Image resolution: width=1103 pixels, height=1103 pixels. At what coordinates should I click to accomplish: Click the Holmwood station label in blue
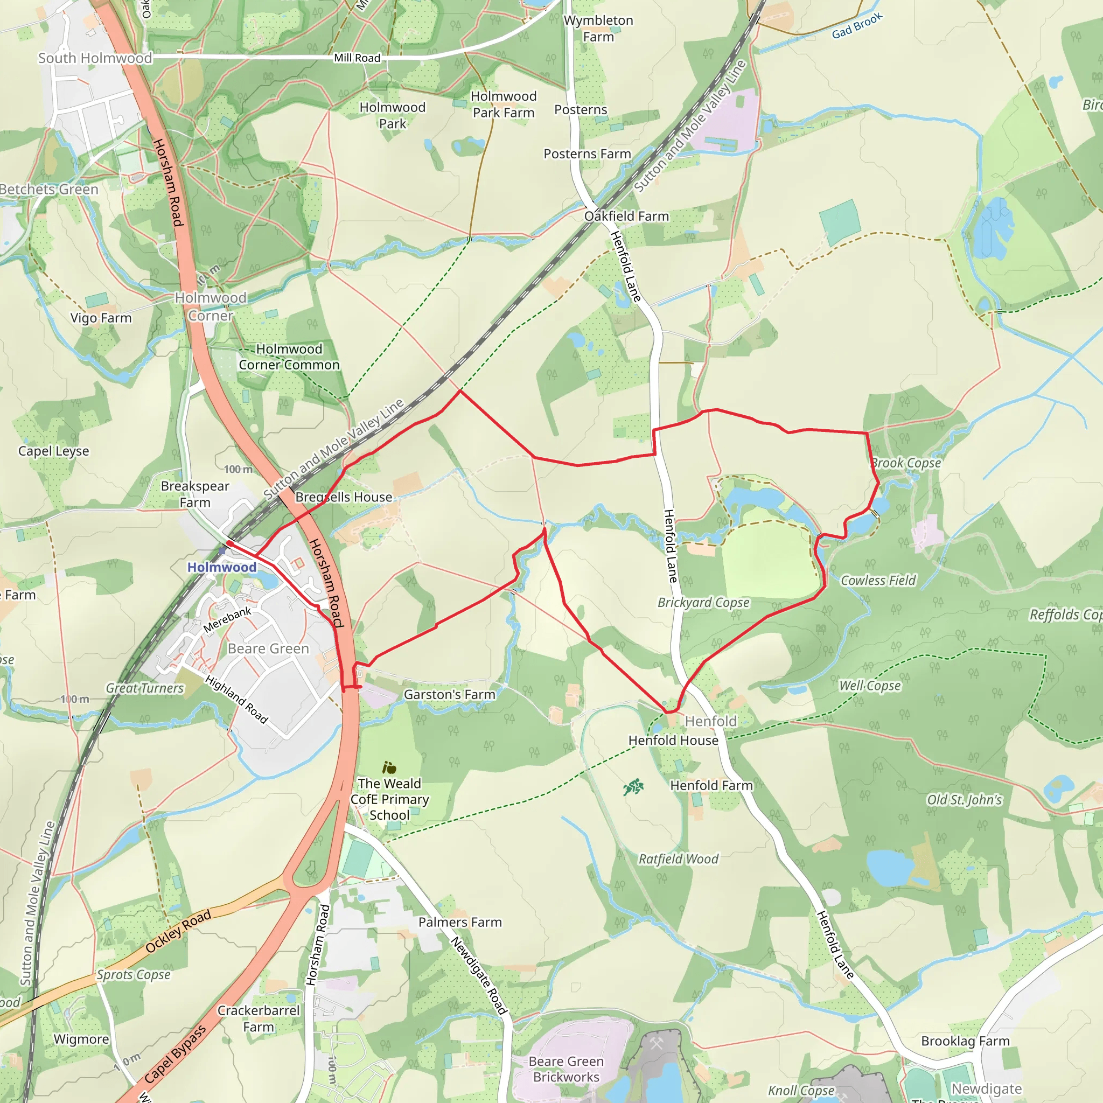221,567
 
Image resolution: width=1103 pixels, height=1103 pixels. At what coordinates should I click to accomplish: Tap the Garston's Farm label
449,695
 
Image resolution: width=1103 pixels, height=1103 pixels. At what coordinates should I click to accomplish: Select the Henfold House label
673,741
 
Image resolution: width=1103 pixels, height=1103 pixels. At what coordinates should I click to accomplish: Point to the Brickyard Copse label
703,603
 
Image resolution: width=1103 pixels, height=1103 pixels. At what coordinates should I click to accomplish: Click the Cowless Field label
878,581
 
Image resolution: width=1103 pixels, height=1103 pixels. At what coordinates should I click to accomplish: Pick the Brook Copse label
906,463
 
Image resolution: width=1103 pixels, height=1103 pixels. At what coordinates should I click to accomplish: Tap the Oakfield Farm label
626,217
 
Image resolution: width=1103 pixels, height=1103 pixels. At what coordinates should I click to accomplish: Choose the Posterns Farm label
587,154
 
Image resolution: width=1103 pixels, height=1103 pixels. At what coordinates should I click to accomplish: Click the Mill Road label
357,58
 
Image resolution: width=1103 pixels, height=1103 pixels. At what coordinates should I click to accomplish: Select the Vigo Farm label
101,318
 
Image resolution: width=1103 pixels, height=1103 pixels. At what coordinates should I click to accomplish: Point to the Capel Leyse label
54,451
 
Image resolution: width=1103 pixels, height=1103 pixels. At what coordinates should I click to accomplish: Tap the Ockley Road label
178,931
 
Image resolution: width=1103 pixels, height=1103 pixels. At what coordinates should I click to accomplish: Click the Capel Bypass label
174,1054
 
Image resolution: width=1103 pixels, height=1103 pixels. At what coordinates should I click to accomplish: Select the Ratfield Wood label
678,859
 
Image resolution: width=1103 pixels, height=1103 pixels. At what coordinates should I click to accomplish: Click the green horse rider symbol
633,788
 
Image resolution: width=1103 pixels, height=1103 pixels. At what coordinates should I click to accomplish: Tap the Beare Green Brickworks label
566,1069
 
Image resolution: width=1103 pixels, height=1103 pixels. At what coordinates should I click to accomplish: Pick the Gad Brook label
857,26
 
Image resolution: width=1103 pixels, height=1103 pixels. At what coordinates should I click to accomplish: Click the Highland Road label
236,700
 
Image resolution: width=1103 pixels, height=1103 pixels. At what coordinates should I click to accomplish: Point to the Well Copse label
869,686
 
